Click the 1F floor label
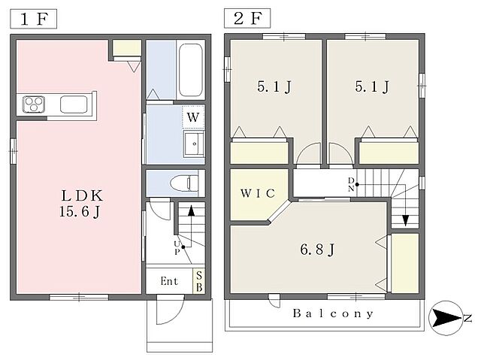click(33, 19)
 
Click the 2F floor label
click(247, 18)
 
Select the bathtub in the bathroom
click(190, 70)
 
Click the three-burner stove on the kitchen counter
click(34, 104)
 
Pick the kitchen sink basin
click(74, 104)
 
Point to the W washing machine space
click(193, 116)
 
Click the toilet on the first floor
click(184, 183)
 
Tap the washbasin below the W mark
click(194, 144)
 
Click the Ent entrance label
click(169, 281)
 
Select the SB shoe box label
click(199, 282)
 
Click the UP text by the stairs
click(177, 248)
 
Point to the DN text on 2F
click(351, 184)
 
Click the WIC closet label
click(258, 193)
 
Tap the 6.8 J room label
click(317, 250)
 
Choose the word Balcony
click(333, 313)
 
